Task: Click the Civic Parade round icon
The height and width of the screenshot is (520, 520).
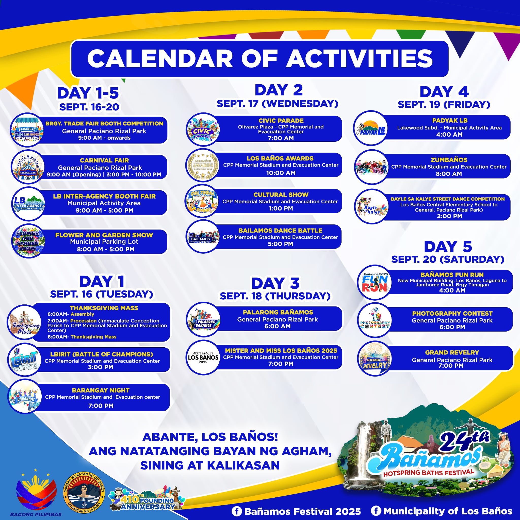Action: coord(203,129)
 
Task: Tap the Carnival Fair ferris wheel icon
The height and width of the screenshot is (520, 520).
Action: coord(28,167)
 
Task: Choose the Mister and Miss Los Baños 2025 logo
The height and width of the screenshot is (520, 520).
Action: coord(203,357)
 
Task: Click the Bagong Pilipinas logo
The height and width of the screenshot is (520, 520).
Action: coord(36,493)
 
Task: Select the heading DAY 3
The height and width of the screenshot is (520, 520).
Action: coord(275,283)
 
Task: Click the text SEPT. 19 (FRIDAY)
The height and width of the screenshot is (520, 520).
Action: coord(444,104)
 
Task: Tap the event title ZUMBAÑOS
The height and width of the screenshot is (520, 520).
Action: coord(449,160)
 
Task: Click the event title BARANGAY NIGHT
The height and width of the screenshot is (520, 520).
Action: coord(101,390)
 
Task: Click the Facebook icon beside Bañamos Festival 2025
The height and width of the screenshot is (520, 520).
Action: coord(237,511)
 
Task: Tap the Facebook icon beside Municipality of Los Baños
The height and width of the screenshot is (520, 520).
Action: coord(376,511)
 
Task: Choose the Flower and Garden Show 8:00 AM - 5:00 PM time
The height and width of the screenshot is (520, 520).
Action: coord(106,249)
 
